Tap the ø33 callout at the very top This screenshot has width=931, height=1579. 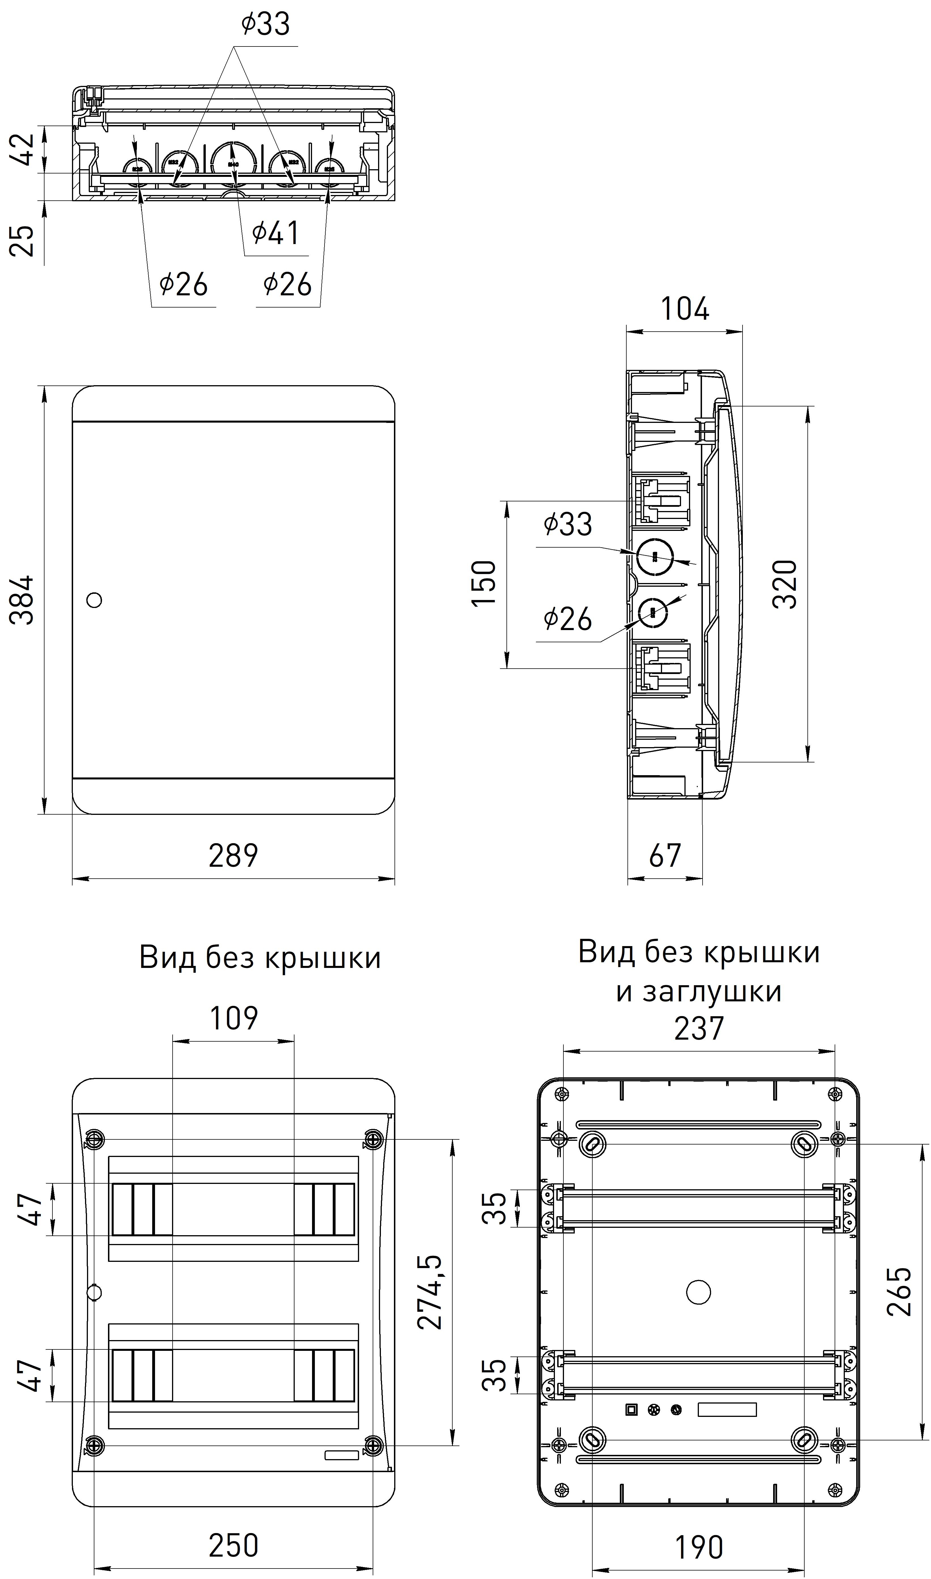coord(265,25)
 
